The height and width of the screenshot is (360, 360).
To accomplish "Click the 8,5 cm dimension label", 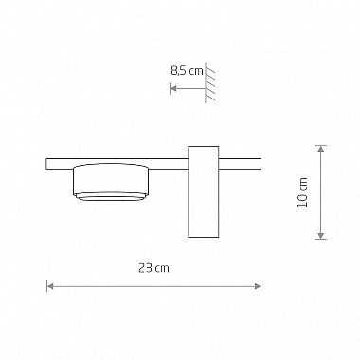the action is [187, 71].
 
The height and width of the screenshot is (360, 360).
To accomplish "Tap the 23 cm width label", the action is [153, 268].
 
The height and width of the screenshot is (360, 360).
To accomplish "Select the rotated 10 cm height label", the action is [302, 192].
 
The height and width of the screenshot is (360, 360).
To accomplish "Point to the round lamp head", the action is [111, 182].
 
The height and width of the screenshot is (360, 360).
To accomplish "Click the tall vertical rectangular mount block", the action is [204, 191].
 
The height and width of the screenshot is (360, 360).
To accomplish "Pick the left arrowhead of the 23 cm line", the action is [49, 286].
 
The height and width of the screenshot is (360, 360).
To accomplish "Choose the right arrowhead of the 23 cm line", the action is [259, 286].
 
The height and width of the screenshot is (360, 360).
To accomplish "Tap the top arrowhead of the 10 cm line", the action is [321, 149].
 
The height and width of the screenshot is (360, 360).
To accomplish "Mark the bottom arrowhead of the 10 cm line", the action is [321, 236].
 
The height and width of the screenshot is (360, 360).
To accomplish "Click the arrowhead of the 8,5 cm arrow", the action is [173, 88].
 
